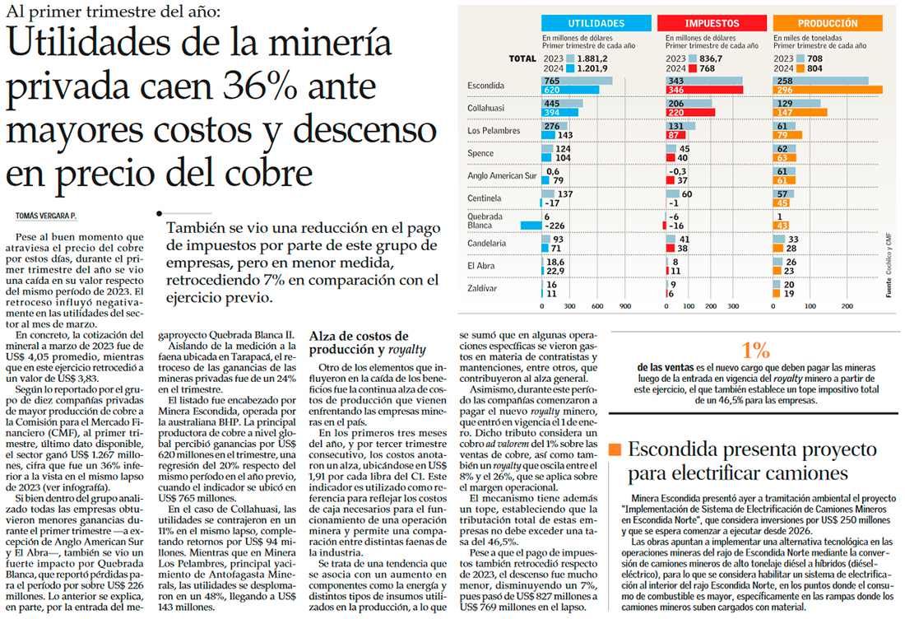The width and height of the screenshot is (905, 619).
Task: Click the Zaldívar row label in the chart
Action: point(483,289)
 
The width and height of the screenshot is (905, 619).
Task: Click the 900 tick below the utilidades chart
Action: point(624,306)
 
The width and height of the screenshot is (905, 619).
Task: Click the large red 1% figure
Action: point(755,349)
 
